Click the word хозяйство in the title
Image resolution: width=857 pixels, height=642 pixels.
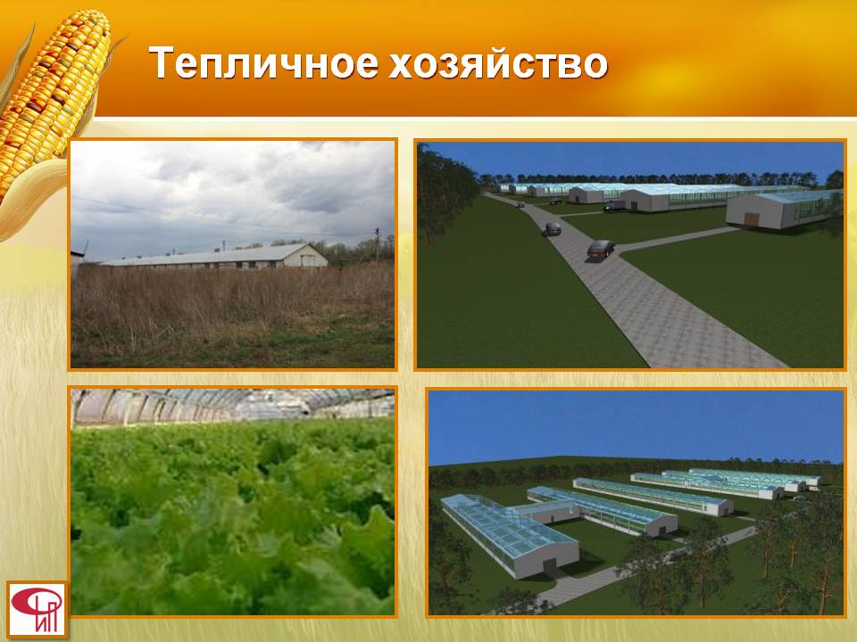click(498, 62)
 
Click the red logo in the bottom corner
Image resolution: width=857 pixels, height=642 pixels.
click(37, 609)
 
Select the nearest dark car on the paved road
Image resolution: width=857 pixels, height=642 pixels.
click(601, 249)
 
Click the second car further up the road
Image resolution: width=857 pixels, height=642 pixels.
click(552, 229)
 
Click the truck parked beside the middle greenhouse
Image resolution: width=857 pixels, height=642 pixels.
click(614, 206)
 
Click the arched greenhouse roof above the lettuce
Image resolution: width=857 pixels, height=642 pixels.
click(233, 406)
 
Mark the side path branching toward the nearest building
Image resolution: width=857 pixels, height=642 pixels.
click(678, 239)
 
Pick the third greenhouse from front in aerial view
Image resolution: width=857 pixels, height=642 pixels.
click(653, 496)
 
